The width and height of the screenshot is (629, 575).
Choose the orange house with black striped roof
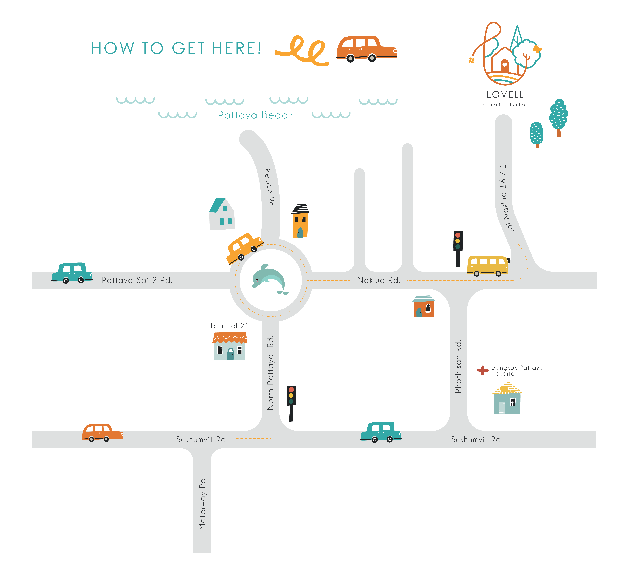click(300, 221)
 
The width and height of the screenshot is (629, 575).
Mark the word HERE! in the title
click(237, 49)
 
